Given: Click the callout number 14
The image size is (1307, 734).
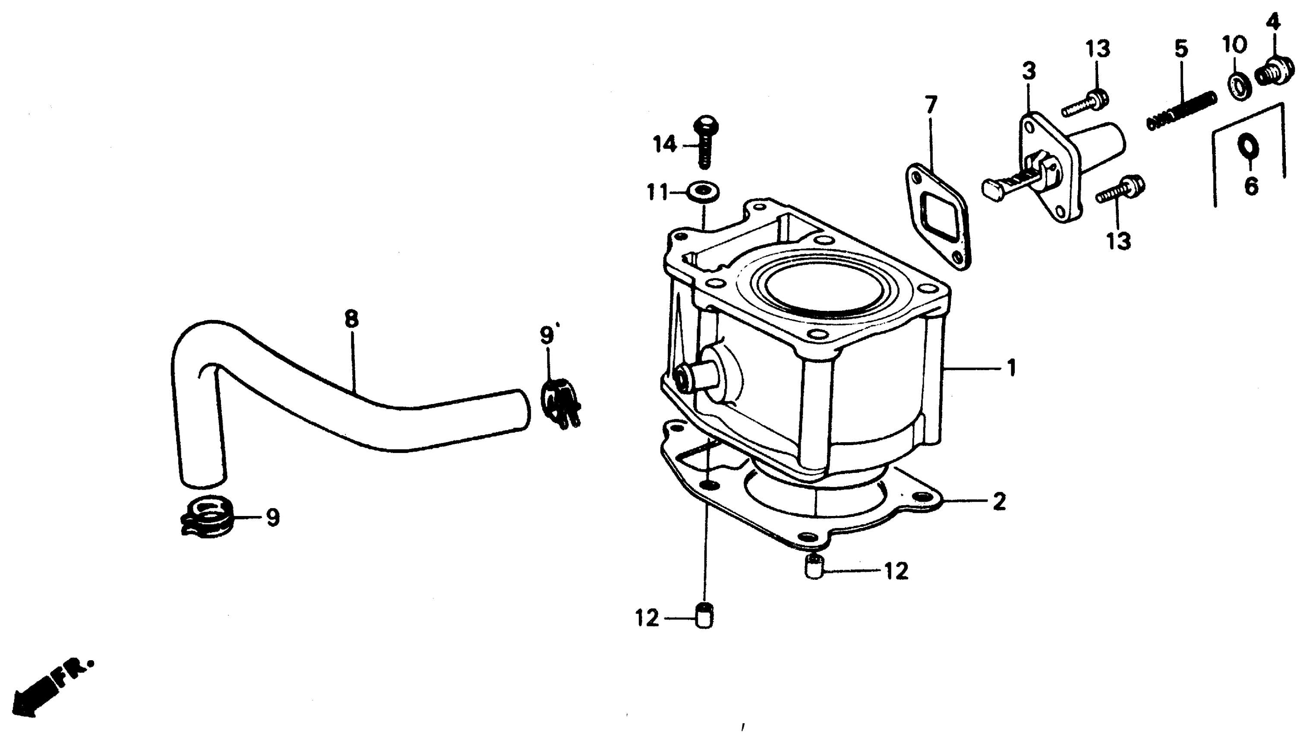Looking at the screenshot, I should (665, 145).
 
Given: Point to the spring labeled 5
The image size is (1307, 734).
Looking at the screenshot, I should (1182, 110).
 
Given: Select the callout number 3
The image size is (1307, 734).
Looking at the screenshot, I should (1029, 71).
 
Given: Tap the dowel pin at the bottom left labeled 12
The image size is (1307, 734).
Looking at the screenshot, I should (704, 617).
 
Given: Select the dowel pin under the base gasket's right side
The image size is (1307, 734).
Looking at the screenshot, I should (815, 566).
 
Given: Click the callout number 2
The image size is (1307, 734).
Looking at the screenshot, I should (999, 502).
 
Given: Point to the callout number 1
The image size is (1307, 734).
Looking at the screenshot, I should (1011, 368).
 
